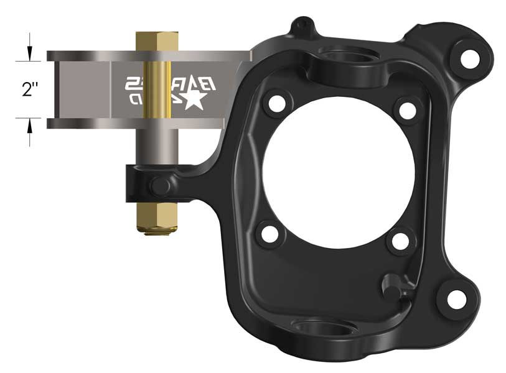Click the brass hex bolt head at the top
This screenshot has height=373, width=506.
[x=157, y=41]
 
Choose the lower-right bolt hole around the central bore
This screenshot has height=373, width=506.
[x=397, y=239]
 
